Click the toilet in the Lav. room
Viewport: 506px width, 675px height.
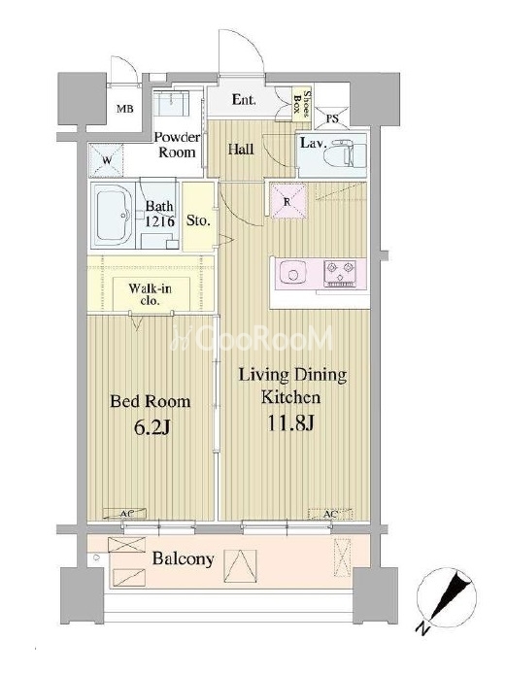[344, 153]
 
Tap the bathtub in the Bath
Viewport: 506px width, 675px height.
[113, 215]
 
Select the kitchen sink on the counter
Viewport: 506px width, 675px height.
[293, 273]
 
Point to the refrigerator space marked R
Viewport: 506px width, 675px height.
[287, 201]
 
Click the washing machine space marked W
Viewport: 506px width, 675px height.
[107, 161]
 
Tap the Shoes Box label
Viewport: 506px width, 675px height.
[301, 103]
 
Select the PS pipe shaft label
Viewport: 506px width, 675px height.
[332, 118]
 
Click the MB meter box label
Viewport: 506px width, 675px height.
[125, 109]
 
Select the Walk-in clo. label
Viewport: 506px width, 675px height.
[150, 294]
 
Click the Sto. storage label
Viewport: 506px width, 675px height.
[198, 221]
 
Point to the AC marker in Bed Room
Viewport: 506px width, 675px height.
[125, 513]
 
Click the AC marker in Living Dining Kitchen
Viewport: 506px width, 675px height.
[330, 514]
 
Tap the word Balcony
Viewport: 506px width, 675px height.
[183, 559]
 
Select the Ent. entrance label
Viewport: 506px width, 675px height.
[244, 100]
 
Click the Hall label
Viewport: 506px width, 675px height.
[241, 150]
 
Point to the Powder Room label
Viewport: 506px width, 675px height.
[177, 145]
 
